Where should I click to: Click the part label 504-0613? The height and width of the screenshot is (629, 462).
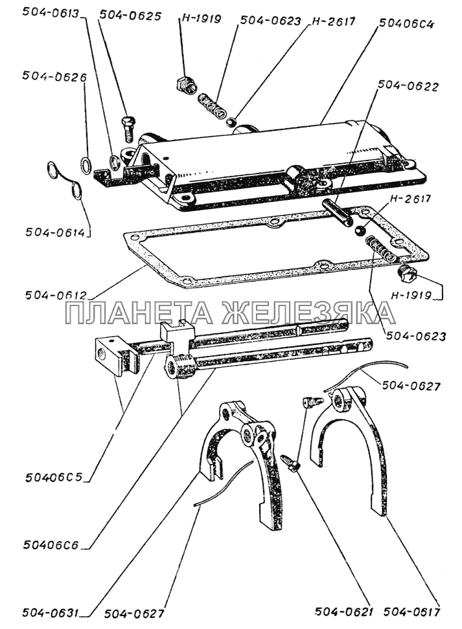pos(50,12)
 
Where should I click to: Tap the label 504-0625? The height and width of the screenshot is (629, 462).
pos(130,16)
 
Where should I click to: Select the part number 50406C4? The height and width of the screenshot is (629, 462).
pos(406,24)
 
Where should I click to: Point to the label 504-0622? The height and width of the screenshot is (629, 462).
pos(408,86)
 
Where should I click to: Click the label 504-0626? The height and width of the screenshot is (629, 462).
pos(54,76)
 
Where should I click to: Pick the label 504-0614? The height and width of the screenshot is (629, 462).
pos(56,232)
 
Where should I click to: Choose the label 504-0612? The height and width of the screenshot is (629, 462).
pos(56,295)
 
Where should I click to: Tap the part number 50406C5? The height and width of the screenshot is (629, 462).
pos(54,478)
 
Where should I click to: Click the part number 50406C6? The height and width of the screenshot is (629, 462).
pos(51,545)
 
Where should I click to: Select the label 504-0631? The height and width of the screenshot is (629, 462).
pos(51,613)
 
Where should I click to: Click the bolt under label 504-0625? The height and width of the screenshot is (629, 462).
pos(128,128)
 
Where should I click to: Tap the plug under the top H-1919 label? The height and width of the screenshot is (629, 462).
pos(186,85)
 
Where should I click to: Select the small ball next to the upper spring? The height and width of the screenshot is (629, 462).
pos(232,122)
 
